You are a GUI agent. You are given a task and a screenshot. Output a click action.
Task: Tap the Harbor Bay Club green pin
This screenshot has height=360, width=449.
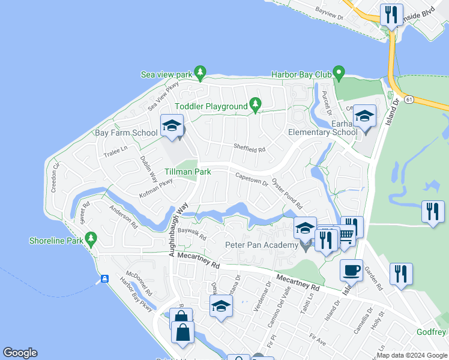[339, 74]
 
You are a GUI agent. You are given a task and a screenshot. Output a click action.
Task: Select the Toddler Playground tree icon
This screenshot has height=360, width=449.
[256, 106]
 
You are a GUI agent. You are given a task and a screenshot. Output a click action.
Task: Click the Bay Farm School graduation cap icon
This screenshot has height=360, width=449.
[172, 126]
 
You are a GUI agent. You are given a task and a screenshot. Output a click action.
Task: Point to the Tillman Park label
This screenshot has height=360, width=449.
[188, 172]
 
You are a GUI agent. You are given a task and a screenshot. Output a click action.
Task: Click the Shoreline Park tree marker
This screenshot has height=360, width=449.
[91, 240]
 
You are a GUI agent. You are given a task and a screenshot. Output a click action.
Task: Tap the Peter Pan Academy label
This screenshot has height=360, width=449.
[261, 245]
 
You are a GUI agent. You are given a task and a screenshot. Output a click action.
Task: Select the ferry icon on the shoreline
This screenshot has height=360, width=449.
[104, 278]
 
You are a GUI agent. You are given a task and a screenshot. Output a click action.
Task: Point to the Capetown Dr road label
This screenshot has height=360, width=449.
[252, 179]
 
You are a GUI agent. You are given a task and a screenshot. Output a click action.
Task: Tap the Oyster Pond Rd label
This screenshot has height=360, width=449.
[286, 193]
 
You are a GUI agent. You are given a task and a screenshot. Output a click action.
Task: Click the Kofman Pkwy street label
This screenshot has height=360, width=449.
[155, 187]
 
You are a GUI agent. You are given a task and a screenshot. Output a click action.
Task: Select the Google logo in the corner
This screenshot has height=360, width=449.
[20, 353]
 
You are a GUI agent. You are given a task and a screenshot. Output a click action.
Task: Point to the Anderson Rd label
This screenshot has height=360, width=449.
[124, 217]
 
